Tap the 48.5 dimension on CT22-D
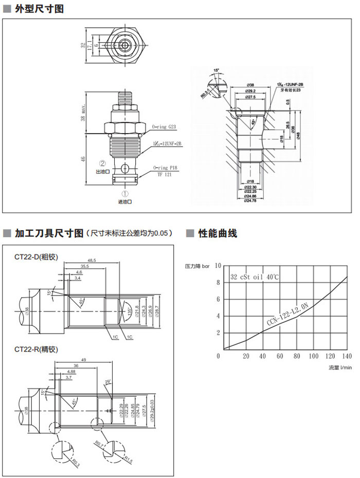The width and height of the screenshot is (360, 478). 92,261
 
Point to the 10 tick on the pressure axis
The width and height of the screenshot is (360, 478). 218,265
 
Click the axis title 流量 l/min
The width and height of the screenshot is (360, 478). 340,367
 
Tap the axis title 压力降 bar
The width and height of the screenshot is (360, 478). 197,266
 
